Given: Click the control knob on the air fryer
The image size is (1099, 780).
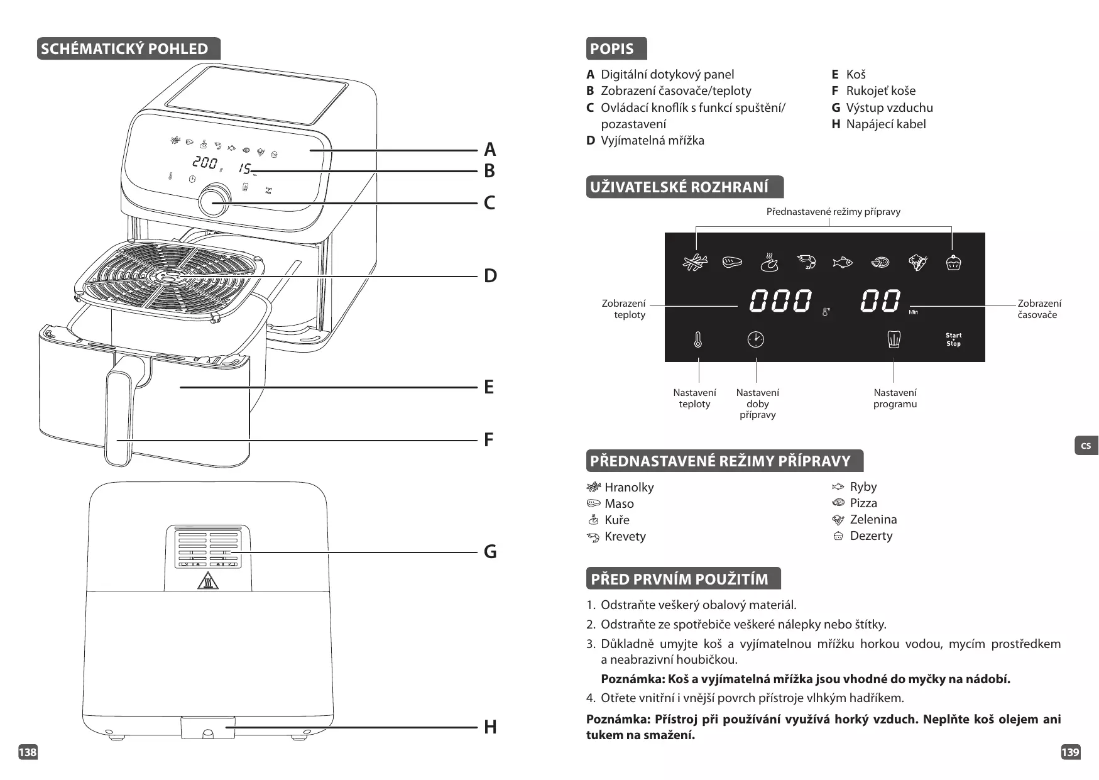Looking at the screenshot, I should (214, 200).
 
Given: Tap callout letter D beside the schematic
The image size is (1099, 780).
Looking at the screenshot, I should (489, 276).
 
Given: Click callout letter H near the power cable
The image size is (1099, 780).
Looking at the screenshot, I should (489, 727).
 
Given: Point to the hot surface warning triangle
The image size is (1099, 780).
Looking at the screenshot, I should (207, 581).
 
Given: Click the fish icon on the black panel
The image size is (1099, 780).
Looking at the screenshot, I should (842, 262).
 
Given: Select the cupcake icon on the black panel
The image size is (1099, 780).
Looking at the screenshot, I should (953, 262).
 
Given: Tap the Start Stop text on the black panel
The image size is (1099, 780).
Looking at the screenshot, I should (953, 339).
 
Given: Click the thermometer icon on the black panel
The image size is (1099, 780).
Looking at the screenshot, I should (697, 340).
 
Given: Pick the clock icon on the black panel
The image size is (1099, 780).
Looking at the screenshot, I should (755, 339).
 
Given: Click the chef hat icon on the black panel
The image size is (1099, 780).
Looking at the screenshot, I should (894, 339).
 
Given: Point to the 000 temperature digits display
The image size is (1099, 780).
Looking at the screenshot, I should (780, 301).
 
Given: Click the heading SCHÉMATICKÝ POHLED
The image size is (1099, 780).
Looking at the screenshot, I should (124, 49).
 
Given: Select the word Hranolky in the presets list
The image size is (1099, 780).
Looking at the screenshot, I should (628, 487).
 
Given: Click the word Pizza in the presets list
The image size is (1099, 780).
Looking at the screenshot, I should (863, 503).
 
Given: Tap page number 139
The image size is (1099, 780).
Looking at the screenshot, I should (1070, 752).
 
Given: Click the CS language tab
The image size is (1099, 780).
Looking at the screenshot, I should (1086, 446).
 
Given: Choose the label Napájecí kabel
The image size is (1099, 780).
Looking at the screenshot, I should (885, 124).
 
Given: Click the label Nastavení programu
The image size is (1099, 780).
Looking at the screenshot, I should (895, 398).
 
